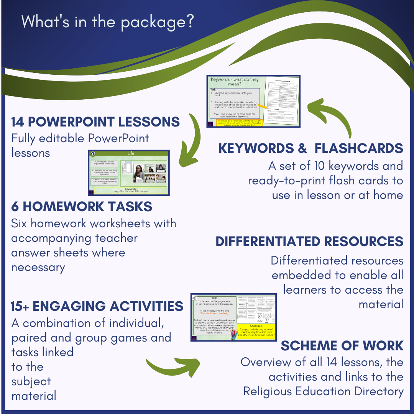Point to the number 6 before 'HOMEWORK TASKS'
click(15, 207)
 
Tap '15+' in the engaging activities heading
click(20, 306)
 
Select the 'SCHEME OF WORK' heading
click(342, 346)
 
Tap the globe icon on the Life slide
click(92, 154)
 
